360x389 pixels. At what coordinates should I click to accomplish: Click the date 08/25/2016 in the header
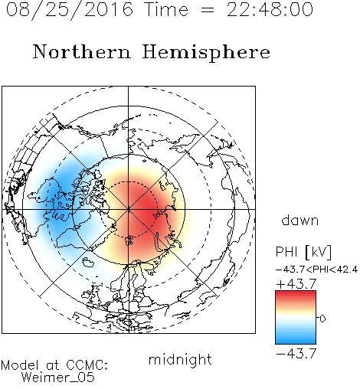[70, 10]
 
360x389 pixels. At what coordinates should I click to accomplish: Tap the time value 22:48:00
[270, 10]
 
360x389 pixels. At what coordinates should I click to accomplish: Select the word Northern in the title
[82, 52]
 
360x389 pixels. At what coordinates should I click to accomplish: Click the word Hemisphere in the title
[206, 53]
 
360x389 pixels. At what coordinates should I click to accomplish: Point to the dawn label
[300, 220]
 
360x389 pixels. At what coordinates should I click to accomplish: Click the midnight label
[180, 360]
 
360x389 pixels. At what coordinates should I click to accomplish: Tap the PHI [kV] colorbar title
[303, 252]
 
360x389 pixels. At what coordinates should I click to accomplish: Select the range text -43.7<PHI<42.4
[316, 270]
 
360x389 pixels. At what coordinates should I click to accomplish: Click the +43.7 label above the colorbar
[296, 283]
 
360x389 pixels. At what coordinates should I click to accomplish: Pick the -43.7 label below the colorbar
[296, 353]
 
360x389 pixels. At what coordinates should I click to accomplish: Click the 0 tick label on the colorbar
[322, 319]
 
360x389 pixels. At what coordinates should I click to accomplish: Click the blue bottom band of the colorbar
[296, 339]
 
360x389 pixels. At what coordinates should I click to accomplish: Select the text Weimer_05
[58, 378]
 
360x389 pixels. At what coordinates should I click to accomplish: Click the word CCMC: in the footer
[87, 365]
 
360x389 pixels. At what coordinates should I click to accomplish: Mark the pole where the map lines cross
[129, 209]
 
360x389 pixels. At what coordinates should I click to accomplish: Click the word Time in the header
[166, 10]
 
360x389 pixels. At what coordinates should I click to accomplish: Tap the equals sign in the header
[208, 11]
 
